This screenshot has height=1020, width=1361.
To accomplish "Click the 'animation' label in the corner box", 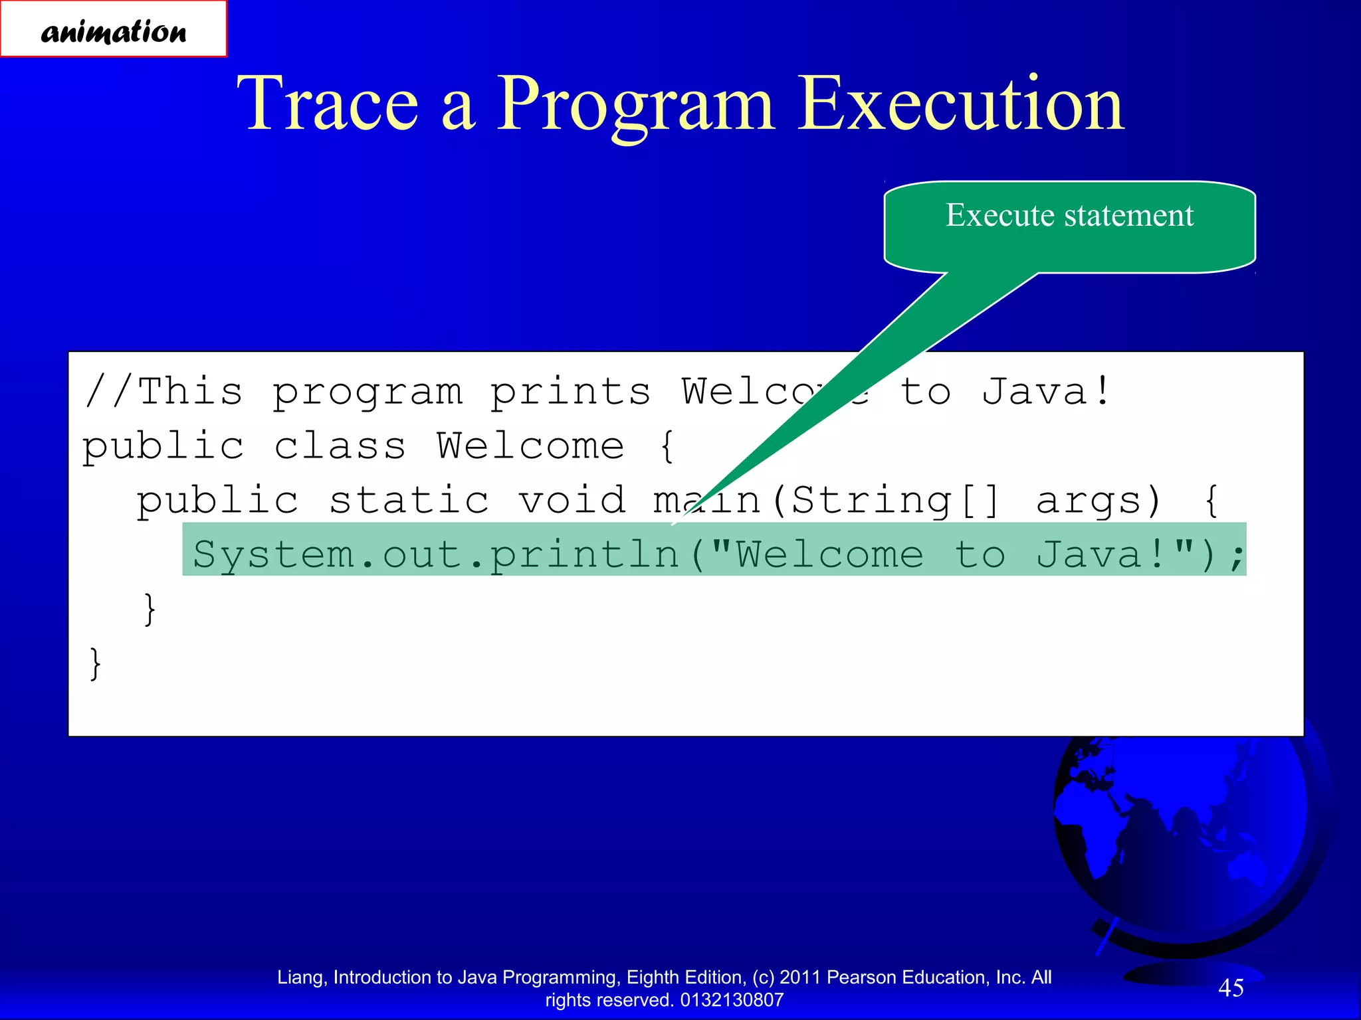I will pos(114,31).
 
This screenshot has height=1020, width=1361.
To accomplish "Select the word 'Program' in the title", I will pos(635,105).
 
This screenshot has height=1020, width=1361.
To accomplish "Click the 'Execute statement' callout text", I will pos(1069,215).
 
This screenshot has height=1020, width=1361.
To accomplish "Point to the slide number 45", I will pos(1231,987).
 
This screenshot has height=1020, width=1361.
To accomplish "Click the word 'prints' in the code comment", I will pos(570,392).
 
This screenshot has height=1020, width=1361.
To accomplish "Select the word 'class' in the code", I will pos(340,446).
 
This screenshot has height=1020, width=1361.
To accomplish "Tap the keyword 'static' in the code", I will pos(409,500).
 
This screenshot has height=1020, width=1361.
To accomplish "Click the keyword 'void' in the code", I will pos(572,500).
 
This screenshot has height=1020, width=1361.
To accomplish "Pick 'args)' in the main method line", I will pos(1099,500).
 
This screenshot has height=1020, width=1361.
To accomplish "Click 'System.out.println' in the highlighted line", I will pos(436,554).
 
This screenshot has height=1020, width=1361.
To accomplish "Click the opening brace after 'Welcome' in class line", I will pos(667,446).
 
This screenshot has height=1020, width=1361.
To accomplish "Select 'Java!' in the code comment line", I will pos(1045,392).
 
